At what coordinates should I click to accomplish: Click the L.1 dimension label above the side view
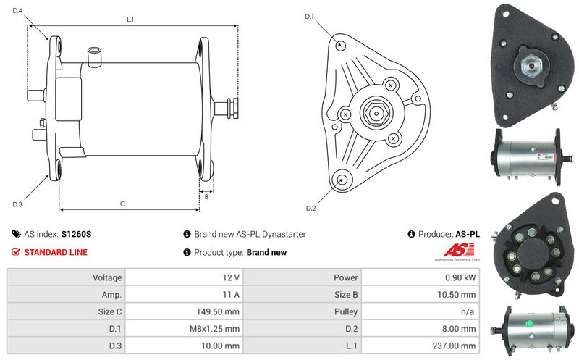click(x=130, y=20)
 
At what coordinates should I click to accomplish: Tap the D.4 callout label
click(x=17, y=11)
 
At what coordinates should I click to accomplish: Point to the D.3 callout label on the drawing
click(x=17, y=204)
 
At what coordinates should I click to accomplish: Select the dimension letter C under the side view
click(x=122, y=204)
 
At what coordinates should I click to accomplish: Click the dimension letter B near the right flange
click(x=206, y=197)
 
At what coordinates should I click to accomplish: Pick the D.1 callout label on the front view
click(x=309, y=17)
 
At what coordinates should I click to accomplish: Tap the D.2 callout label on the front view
click(x=311, y=209)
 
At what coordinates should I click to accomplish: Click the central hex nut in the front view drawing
click(x=376, y=114)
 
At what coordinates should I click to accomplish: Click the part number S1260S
click(x=76, y=234)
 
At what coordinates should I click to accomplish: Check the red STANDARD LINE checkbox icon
click(x=16, y=252)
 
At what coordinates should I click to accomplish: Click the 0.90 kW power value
click(x=460, y=277)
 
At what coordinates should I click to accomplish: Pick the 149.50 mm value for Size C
click(x=218, y=311)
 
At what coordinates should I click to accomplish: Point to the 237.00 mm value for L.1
click(x=455, y=346)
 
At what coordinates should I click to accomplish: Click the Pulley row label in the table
click(x=346, y=311)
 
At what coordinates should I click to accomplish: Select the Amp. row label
click(x=112, y=295)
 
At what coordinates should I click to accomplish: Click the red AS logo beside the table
click(x=458, y=250)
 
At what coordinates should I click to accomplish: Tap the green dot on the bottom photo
click(x=529, y=325)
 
